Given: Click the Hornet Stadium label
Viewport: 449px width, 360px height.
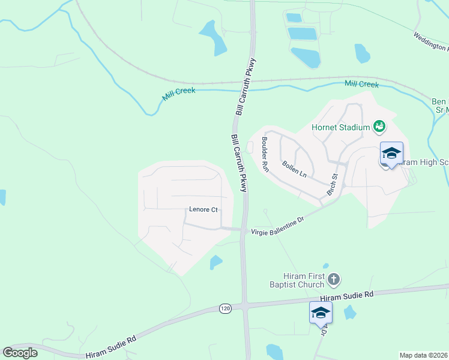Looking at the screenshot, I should tap(340, 127).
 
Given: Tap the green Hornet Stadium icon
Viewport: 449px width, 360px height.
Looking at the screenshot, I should tap(379, 126).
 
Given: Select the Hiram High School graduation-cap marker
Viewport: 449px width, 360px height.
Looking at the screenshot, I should tap(391, 154).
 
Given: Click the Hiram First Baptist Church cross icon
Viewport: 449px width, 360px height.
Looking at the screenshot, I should tap(335, 279).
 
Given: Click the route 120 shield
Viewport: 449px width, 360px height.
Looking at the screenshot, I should tap(225, 308).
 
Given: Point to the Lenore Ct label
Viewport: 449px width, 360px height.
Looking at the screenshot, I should tap(203, 210).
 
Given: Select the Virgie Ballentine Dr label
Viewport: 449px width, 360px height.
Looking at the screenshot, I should tap(278, 224).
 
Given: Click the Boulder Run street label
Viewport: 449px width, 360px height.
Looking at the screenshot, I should tap(265, 155).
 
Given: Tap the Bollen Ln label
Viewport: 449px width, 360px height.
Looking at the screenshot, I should tap(294, 169).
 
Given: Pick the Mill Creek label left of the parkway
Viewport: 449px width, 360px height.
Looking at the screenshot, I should tap(179, 95).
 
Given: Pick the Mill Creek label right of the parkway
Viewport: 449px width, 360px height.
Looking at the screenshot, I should tap(361, 84).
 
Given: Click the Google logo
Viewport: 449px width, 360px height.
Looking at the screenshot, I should tap(20, 353).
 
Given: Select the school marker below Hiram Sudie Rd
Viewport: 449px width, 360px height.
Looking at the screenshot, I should tap(321, 313).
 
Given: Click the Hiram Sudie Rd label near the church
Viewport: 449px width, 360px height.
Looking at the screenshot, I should tap(347, 296).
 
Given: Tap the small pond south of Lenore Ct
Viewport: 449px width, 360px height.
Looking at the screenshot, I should tap(216, 262).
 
